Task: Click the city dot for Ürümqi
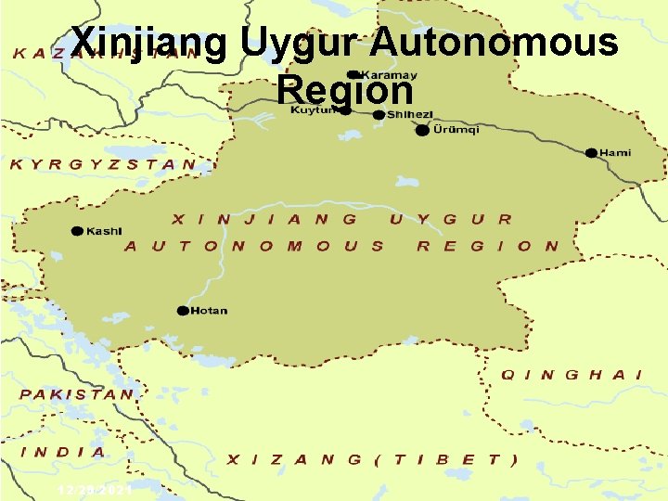click(x=422, y=130)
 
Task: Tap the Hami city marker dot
click(x=590, y=152)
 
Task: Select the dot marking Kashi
click(x=77, y=231)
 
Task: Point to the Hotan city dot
click(x=183, y=311)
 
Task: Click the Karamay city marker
click(x=353, y=74)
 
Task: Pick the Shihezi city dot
click(x=379, y=114)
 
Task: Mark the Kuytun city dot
click(x=345, y=109)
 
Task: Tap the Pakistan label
click(x=78, y=393)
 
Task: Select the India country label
click(x=64, y=452)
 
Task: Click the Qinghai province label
click(x=572, y=375)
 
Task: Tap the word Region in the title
click(x=344, y=90)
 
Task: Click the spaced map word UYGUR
click(x=451, y=220)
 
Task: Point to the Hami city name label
click(x=616, y=152)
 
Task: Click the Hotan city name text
click(x=209, y=311)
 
